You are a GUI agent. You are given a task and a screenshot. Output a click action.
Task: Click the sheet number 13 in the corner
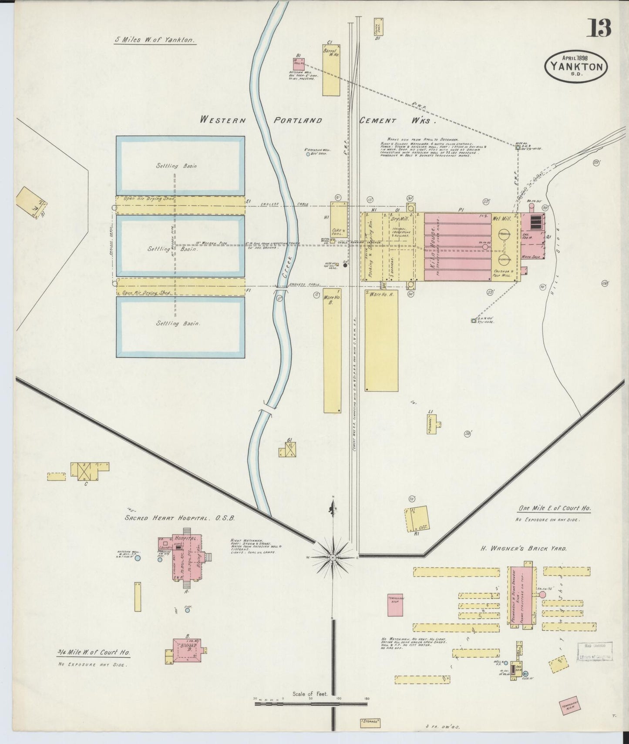tap(600, 29)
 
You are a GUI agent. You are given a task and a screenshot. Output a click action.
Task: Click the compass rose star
tap(333, 557)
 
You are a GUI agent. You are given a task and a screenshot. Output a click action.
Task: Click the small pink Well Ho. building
tap(299, 64)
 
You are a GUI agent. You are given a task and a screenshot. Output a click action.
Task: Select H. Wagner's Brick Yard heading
tap(523, 549)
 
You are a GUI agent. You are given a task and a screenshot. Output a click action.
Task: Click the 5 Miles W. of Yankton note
tap(154, 40)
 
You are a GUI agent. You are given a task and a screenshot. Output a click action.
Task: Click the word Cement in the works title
tap(378, 121)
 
